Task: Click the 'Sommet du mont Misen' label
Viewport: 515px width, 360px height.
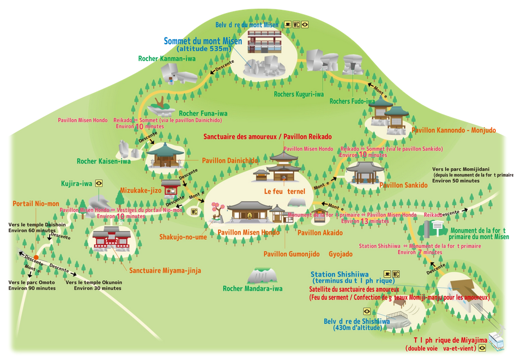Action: tap(202, 41)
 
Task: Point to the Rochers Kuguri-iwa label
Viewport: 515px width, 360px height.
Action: tap(299, 94)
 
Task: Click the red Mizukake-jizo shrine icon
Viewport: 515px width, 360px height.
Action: tap(171, 187)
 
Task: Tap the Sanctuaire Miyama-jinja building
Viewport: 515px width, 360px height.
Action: tap(112, 239)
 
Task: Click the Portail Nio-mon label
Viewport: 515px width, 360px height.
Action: tap(36, 203)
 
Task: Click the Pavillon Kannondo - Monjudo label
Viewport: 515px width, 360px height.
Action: tap(453, 130)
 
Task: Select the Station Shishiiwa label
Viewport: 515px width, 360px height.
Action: tap(340, 274)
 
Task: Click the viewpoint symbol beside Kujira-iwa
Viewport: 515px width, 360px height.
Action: tap(99, 184)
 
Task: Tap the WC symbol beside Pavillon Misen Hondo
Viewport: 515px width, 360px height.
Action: tap(194, 212)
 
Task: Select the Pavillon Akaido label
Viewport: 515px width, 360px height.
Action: tap(320, 232)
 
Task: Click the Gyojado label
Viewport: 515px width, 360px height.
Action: tap(341, 254)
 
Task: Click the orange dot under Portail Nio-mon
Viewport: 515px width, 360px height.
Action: tap(36, 256)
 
